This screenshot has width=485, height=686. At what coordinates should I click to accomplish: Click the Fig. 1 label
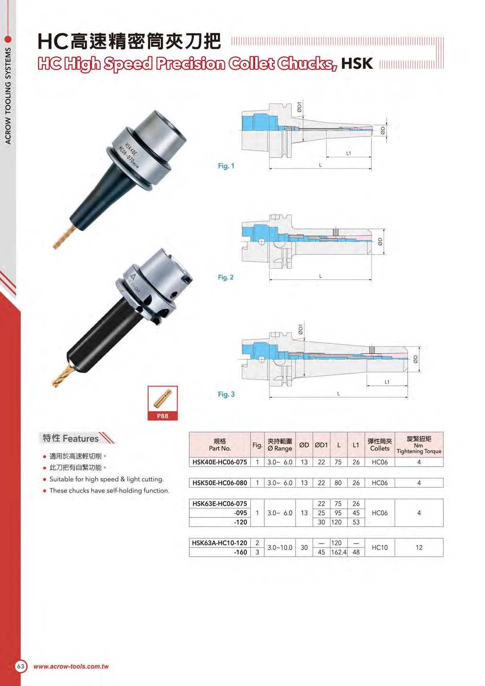[x=226, y=166]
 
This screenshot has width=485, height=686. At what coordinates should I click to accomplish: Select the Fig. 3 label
[x=226, y=394]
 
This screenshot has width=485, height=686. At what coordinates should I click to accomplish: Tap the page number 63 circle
[x=21, y=666]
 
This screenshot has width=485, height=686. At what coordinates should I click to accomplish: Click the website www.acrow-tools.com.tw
[x=71, y=666]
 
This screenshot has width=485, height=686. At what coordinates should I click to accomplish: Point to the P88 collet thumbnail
[x=163, y=403]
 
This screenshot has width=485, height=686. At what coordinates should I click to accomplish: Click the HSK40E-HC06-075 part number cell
[x=219, y=462]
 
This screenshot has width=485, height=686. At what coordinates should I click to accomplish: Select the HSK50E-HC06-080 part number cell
[x=219, y=483]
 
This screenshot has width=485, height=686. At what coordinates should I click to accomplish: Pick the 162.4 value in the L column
[x=339, y=552]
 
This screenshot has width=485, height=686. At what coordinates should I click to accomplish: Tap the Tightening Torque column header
[x=419, y=445]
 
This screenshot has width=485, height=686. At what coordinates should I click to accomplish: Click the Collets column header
[x=380, y=445]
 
